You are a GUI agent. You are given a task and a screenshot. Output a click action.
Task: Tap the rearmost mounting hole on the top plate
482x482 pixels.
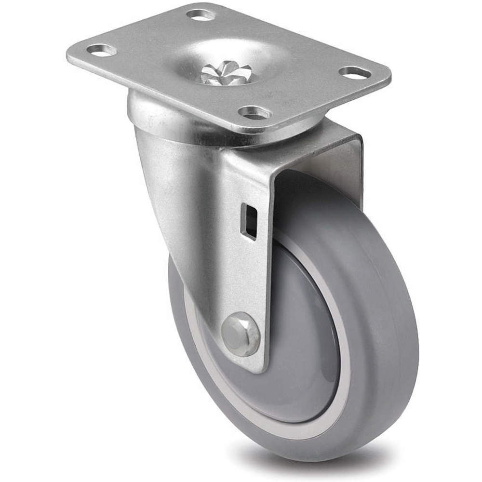[x=201, y=15]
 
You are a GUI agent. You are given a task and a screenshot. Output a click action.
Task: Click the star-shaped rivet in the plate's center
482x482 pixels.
[x=226, y=74]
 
